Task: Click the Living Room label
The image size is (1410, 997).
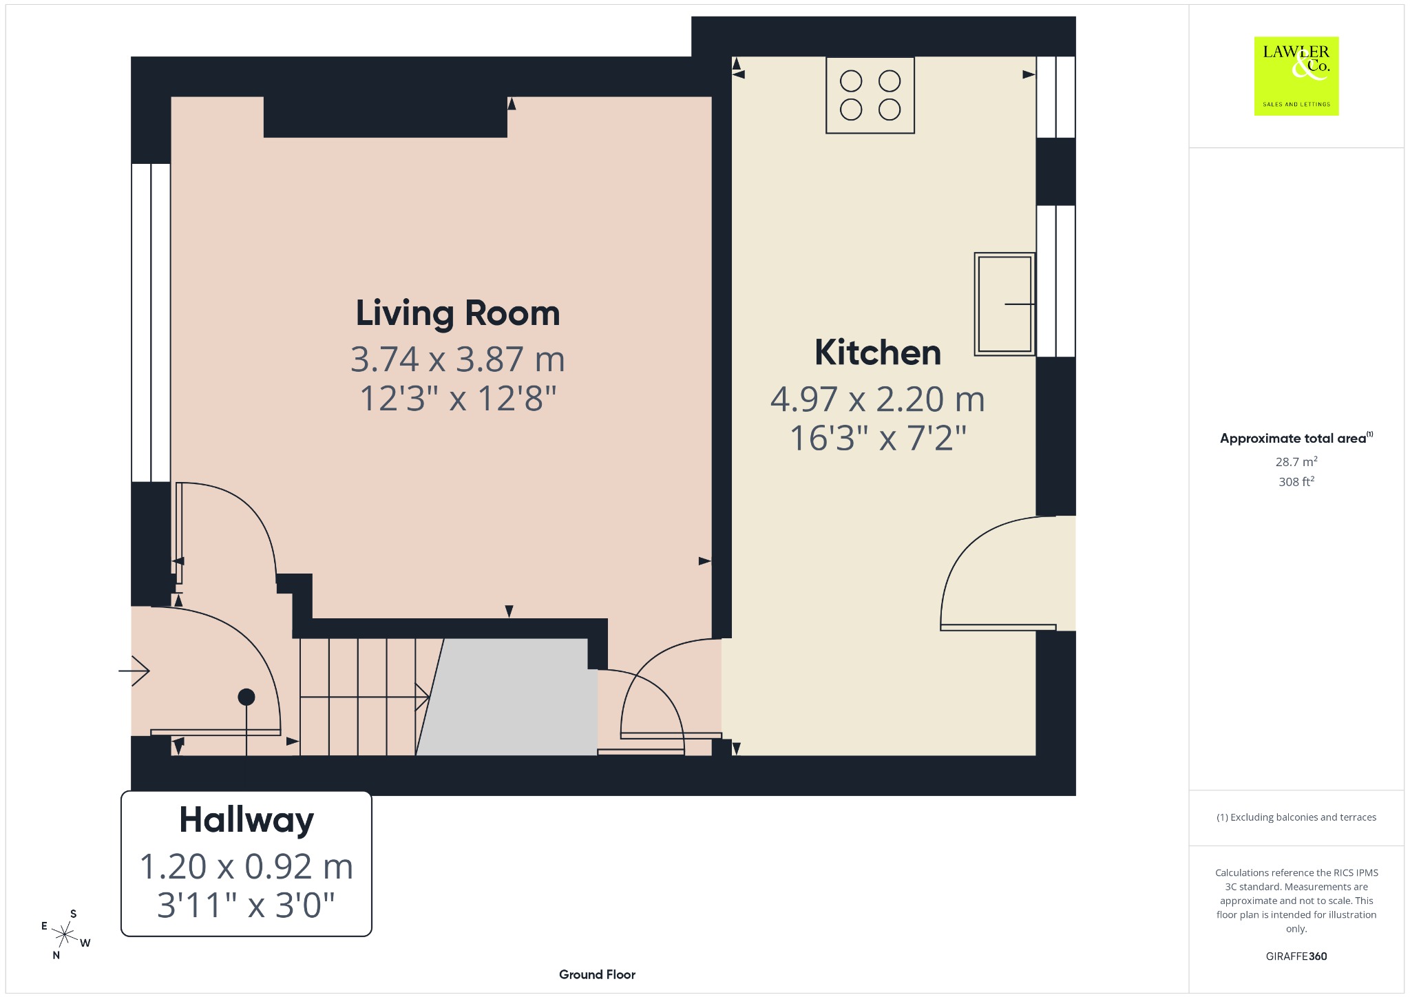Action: [x=458, y=313]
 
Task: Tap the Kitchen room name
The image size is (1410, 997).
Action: [x=878, y=353]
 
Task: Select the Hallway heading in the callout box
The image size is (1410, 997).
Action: [x=246, y=820]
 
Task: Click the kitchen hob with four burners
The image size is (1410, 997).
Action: [x=870, y=95]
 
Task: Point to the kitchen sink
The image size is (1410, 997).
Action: [x=1005, y=304]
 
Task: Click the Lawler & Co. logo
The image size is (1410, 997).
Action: [x=1296, y=76]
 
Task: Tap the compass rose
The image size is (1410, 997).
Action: [x=65, y=934]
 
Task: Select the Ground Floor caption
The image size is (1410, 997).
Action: [x=597, y=974]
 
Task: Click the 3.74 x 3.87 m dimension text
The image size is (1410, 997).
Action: [x=458, y=359]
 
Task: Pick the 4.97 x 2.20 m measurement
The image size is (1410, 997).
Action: [x=878, y=399]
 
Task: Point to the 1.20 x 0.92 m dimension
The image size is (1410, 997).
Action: [x=246, y=866]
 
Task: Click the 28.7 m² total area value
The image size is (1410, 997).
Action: [x=1296, y=461]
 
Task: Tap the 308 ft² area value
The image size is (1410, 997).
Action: [x=1296, y=481]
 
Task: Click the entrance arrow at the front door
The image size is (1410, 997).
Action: [x=134, y=671]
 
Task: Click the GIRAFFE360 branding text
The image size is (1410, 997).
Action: [x=1296, y=956]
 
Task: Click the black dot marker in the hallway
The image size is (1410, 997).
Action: [x=246, y=697]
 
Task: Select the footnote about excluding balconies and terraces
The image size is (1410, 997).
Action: [x=1296, y=817]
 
